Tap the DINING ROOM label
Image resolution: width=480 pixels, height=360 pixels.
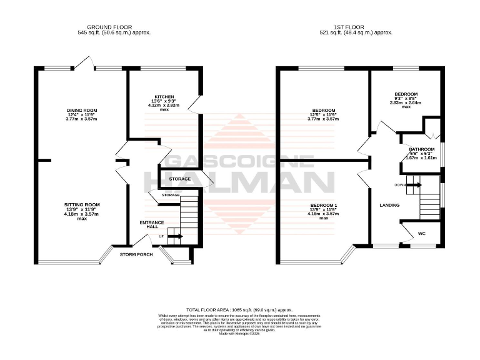click(82, 110)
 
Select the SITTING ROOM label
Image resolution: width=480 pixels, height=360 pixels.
click(82, 205)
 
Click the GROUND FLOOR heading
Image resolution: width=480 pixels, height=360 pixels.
click(114, 26)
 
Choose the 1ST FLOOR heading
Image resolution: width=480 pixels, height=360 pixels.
click(356, 26)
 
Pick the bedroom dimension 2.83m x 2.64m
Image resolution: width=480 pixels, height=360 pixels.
click(405, 102)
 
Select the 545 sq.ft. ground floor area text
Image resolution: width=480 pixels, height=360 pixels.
click(114, 32)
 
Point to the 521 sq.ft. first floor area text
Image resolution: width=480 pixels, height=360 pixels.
click(356, 32)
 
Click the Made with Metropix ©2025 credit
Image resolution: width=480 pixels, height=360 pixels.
click(239, 333)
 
